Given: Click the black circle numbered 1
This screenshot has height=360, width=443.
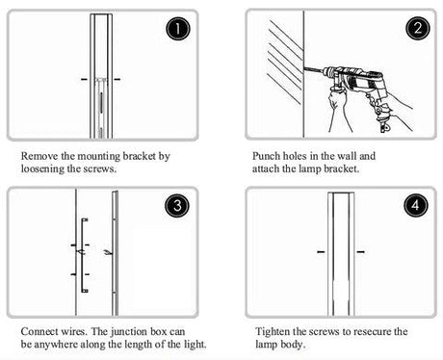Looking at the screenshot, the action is [178, 29].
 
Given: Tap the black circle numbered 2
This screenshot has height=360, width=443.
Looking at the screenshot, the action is [418, 28].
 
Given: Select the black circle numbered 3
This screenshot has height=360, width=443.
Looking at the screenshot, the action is [177, 206].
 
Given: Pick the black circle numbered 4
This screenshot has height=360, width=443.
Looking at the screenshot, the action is [416, 205].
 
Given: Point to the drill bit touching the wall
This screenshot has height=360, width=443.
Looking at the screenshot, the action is [314, 70].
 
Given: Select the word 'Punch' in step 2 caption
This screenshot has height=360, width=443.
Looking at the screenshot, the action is [266, 156].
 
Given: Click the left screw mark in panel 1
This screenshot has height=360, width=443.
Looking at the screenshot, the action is [84, 79].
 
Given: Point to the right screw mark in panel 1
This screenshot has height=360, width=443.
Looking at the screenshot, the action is [117, 79].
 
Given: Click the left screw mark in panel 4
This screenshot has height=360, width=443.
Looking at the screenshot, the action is [321, 252].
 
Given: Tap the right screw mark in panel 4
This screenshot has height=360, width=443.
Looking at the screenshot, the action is [360, 252].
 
